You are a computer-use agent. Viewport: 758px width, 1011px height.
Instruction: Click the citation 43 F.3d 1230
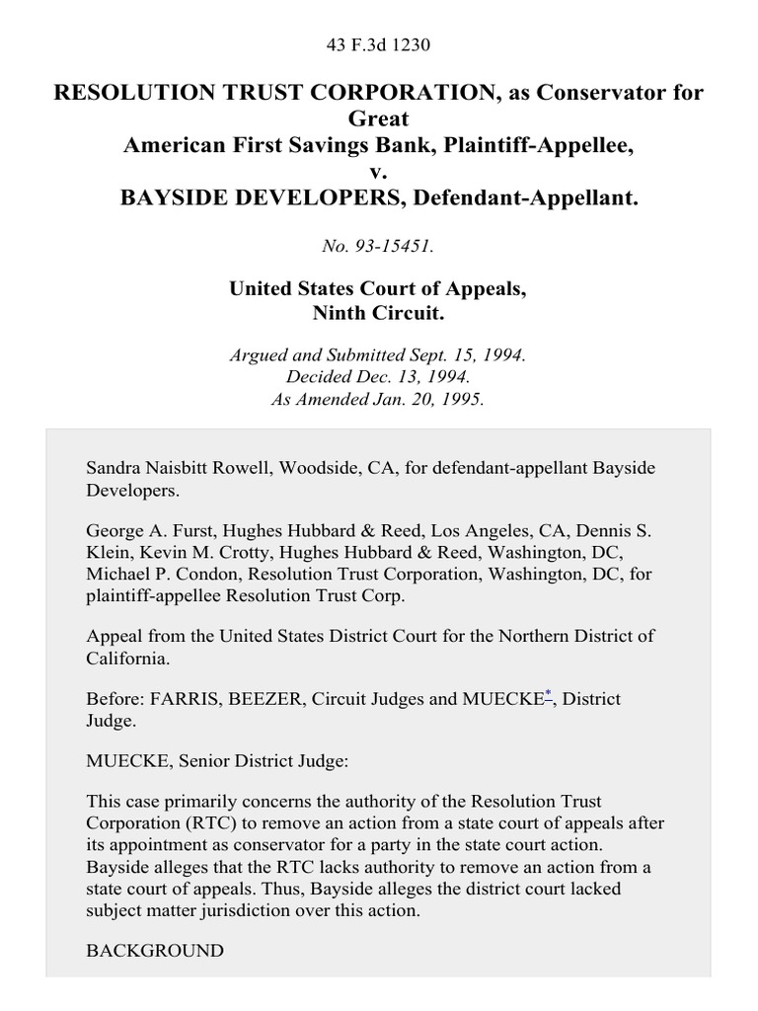tap(378, 45)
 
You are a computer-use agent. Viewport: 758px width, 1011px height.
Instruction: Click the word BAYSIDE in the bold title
tap(181, 198)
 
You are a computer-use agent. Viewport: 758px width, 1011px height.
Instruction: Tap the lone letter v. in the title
tap(379, 172)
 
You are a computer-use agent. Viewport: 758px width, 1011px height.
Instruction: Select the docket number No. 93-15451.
tap(378, 246)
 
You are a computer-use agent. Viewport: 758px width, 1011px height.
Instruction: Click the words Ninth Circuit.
tap(378, 314)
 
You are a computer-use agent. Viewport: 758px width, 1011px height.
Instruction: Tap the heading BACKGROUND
tap(155, 951)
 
